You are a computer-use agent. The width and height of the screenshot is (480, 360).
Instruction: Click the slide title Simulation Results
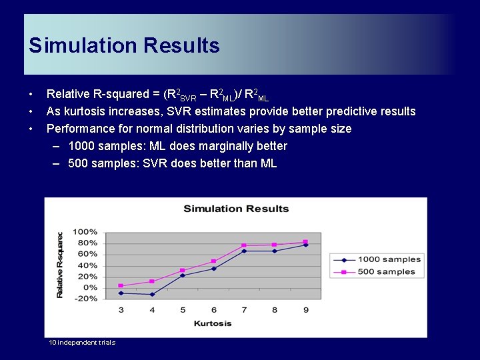[x=124, y=45]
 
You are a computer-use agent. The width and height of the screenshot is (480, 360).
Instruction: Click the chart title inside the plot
[x=236, y=209]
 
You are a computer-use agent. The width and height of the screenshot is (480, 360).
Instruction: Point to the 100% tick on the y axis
[x=85, y=232]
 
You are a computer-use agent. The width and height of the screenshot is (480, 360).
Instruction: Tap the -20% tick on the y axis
[x=86, y=299]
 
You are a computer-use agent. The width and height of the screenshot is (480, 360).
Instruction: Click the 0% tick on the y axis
[x=89, y=287]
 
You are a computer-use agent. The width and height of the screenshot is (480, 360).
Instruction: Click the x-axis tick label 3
[x=121, y=309]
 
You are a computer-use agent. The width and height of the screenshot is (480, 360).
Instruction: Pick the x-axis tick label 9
[x=305, y=309]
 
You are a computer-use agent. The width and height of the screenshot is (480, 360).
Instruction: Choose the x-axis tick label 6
[x=213, y=309]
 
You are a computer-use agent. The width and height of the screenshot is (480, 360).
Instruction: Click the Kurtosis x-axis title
[x=213, y=323]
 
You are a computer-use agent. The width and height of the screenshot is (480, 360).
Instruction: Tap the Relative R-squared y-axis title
[x=60, y=265]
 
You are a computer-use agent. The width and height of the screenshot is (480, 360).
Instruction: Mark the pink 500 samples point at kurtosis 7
[x=244, y=245]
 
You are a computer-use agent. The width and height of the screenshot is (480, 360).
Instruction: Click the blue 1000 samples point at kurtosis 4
[x=152, y=294]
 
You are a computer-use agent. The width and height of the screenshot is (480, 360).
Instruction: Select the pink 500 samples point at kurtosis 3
[x=121, y=285]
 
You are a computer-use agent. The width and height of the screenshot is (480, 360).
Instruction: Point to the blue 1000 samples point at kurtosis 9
[x=305, y=245]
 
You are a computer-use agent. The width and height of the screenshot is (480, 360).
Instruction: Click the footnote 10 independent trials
[x=82, y=343]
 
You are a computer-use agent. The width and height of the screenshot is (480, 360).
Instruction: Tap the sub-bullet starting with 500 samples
[x=172, y=163]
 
